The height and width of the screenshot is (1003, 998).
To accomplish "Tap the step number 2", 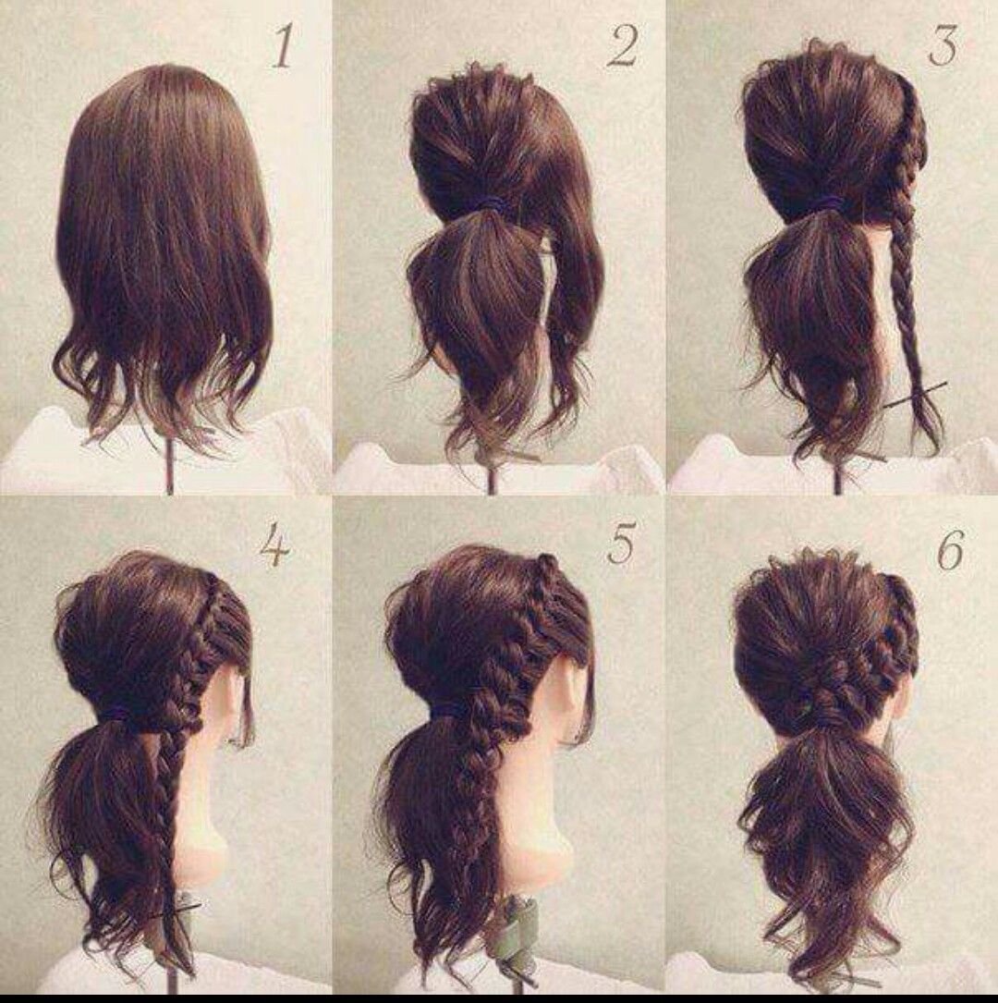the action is coord(623,47).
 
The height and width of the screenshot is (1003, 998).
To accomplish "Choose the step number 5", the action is coord(622,543).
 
